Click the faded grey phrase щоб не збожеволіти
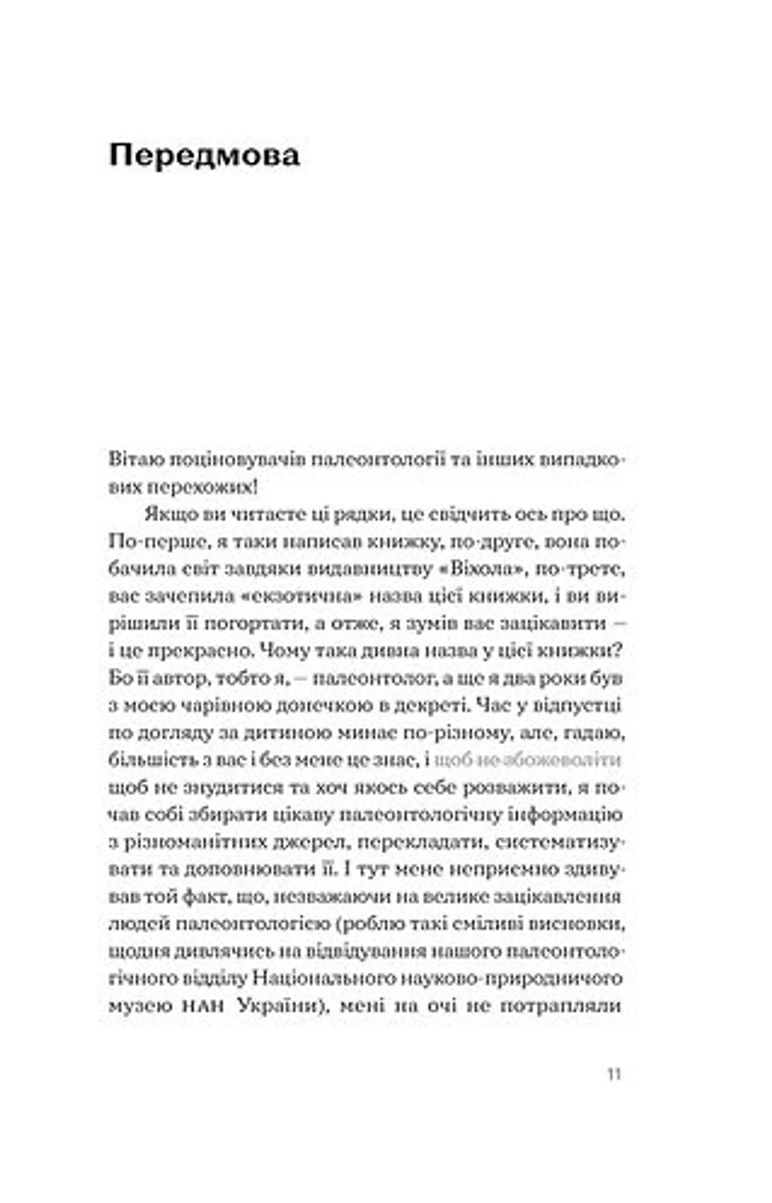pos(528,760)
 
